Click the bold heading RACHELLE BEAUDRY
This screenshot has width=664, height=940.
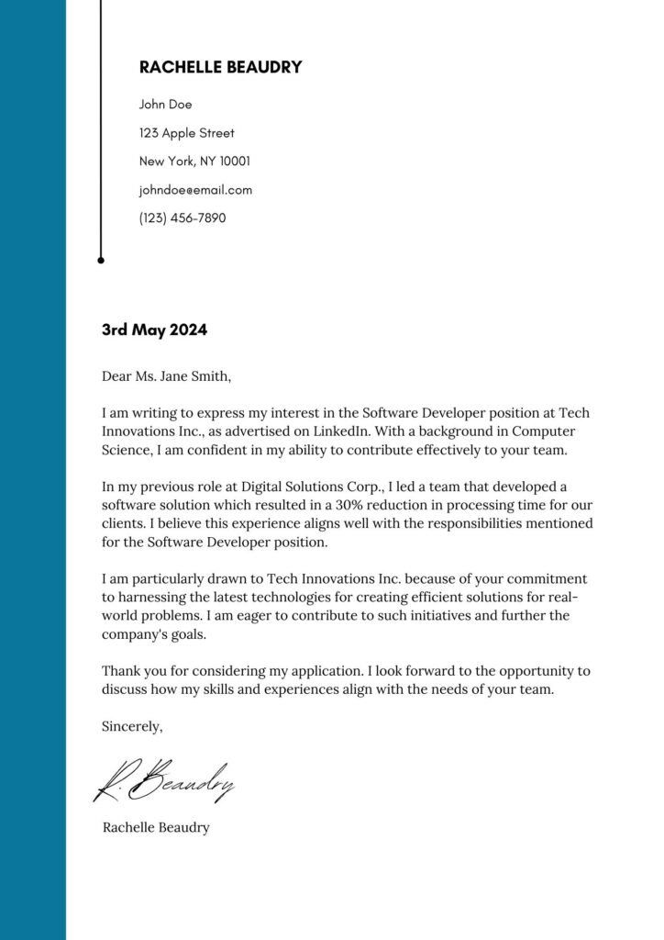click(220, 67)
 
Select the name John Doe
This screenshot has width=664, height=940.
click(165, 105)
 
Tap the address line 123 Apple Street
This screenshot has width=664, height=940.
click(186, 133)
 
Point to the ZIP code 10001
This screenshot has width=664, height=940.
click(235, 162)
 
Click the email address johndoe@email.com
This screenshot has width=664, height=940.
click(195, 190)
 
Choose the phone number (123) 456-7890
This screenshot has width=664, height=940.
click(182, 218)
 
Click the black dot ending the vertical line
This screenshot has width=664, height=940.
click(101, 261)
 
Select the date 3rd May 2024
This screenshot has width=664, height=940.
click(154, 330)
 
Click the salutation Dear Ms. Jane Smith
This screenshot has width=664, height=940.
click(167, 376)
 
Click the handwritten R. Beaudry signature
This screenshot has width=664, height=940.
click(165, 780)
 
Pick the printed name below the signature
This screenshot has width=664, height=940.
click(156, 828)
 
